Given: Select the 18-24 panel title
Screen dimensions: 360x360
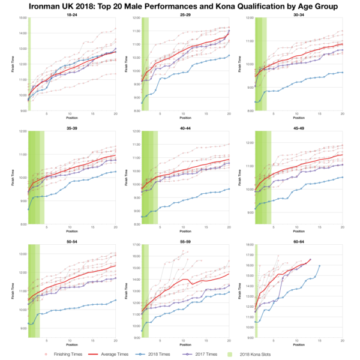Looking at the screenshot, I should pos(71,14).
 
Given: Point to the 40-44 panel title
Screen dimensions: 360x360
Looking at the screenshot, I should pos(185,128).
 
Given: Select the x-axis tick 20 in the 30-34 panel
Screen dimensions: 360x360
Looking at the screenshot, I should pos(342,113).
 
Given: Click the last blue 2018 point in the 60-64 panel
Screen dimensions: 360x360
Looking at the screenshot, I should pos(319,266).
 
